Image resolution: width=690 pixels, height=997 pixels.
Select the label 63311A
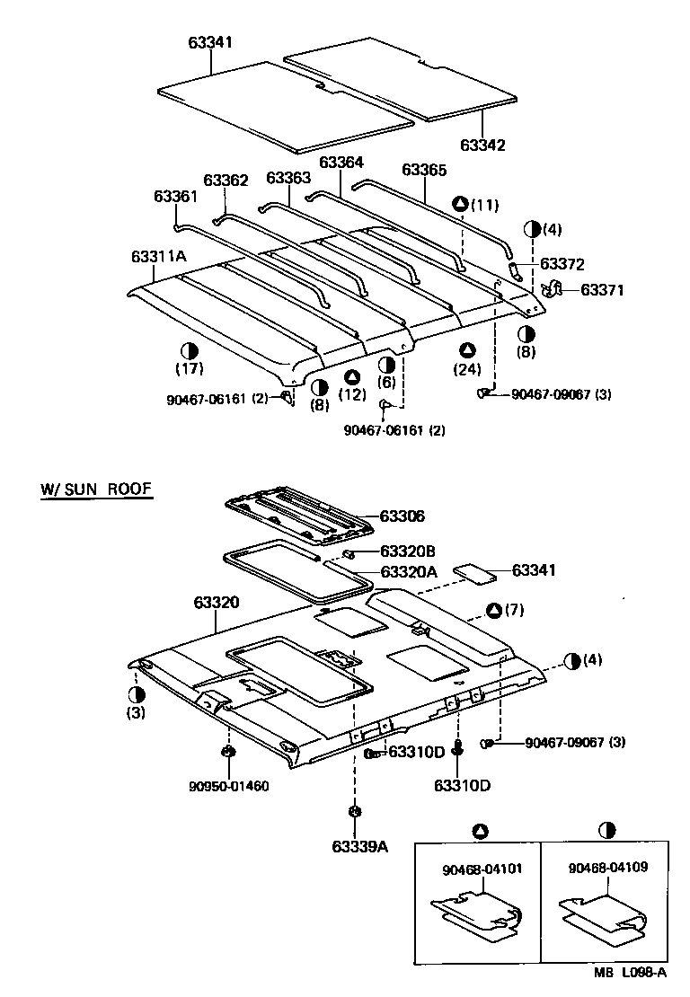[158, 256]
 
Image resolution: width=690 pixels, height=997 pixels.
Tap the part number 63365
[424, 169]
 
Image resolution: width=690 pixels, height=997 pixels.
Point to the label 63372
[562, 264]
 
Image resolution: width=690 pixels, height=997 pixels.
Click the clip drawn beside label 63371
[553, 289]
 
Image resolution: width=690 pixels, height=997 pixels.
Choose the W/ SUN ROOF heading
[95, 490]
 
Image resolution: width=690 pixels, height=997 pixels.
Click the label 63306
[402, 516]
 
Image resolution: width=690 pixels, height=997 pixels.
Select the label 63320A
[409, 571]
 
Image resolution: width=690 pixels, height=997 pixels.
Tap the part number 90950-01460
[229, 786]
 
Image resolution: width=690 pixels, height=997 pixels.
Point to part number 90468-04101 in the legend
[482, 869]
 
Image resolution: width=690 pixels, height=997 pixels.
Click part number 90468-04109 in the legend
[608, 869]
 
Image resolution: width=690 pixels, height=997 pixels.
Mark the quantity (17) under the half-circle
[190, 367]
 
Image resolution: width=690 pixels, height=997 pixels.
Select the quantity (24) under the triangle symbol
[467, 368]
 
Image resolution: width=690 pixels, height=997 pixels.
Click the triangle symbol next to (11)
[460, 204]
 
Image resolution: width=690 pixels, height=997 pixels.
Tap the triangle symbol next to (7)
[493, 611]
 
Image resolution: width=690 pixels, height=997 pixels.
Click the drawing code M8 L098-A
[629, 973]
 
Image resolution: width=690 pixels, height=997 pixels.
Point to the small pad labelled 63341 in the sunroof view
[473, 571]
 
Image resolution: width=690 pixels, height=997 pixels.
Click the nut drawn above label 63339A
[354, 812]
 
